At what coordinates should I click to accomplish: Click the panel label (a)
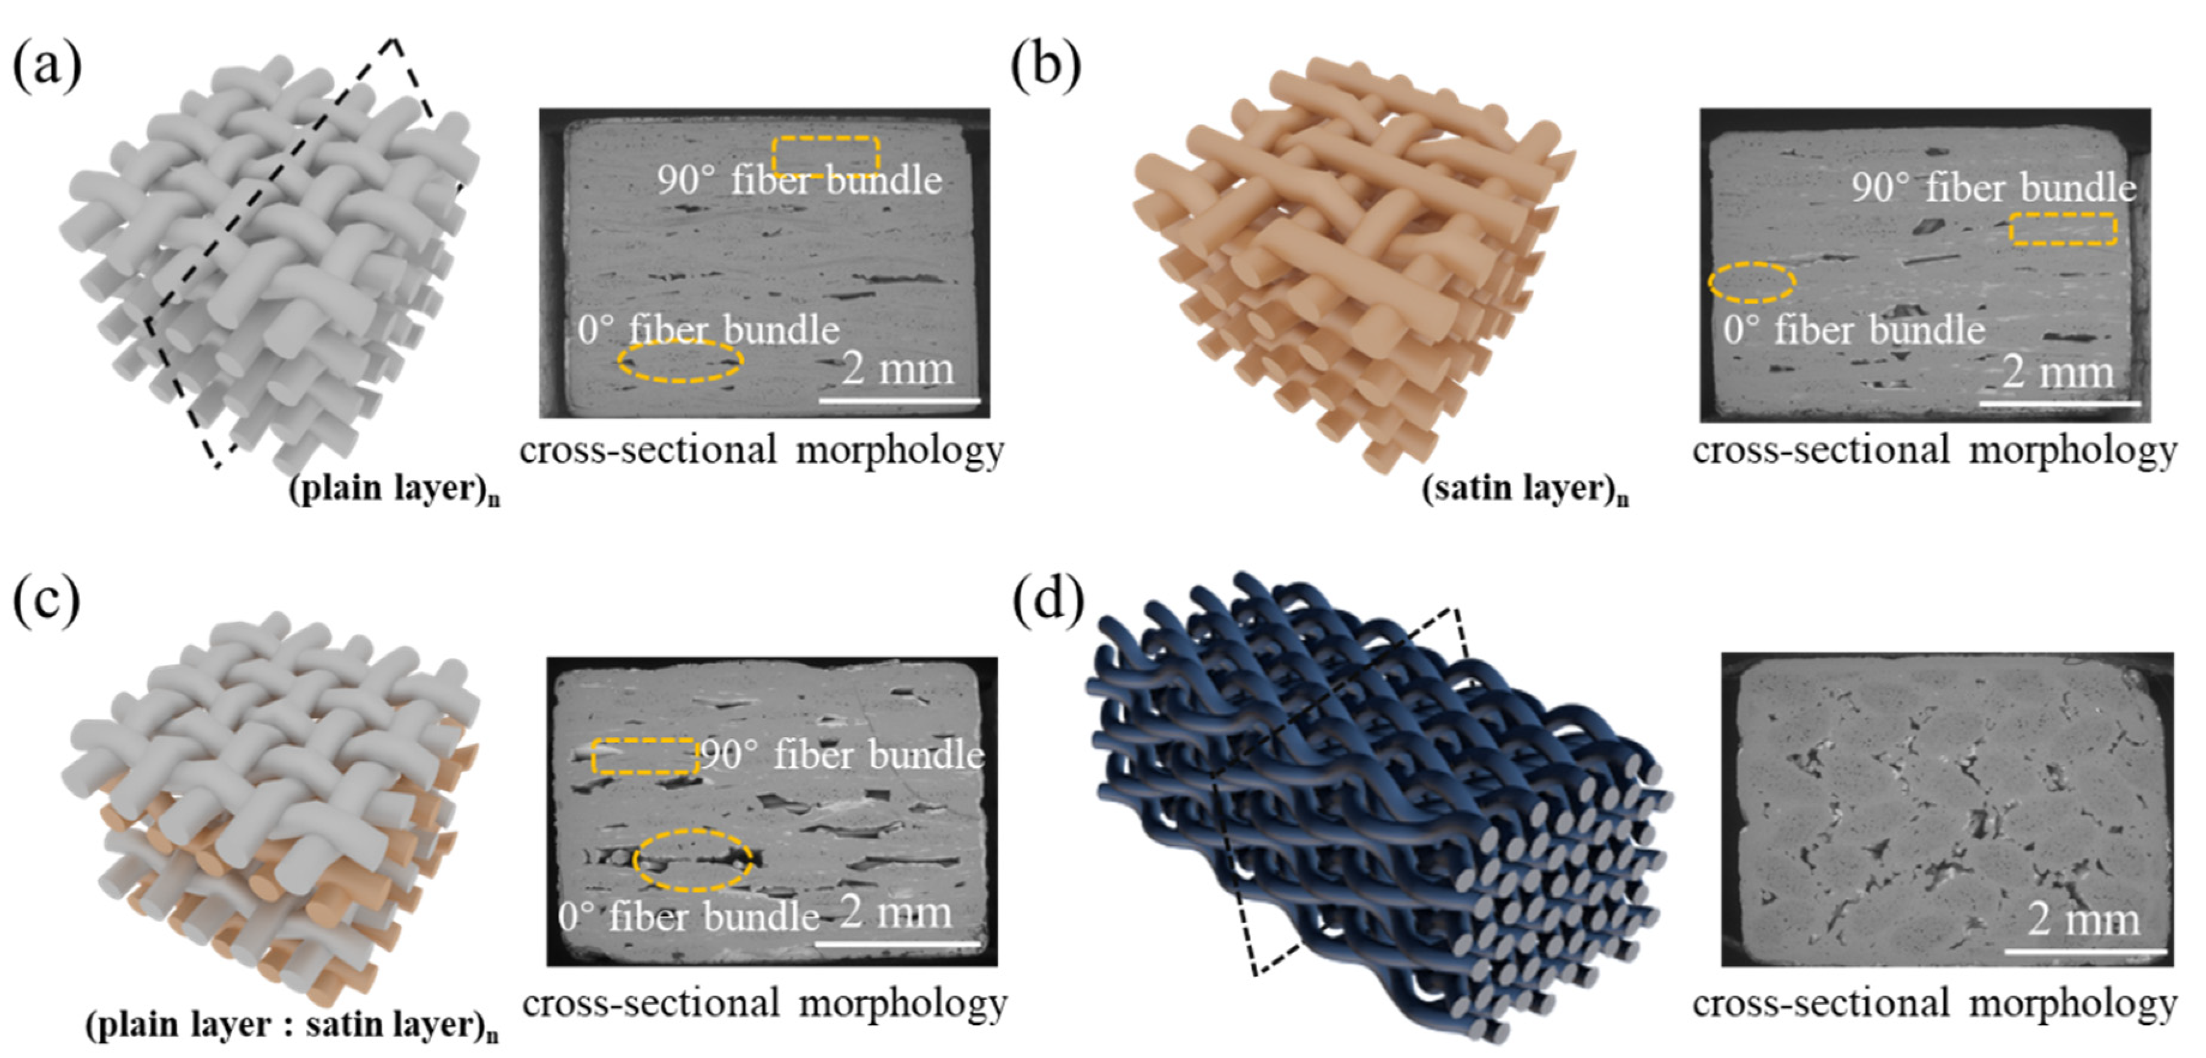tap(47, 66)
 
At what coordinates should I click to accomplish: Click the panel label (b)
tap(1045, 66)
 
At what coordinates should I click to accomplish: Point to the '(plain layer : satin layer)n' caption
tap(291, 1024)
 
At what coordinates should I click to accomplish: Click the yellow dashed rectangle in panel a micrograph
tap(825, 156)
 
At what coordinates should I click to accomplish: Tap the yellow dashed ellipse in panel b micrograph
tap(1751, 282)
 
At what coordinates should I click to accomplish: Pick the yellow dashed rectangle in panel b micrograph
tap(2062, 230)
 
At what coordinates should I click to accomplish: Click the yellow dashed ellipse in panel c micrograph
tap(692, 860)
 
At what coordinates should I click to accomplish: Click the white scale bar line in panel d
tap(2084, 951)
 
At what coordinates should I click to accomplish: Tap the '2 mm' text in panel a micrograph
tap(897, 369)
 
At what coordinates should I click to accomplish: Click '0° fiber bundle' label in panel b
tap(1854, 330)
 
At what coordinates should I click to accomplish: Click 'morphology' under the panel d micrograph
tap(2072, 1004)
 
